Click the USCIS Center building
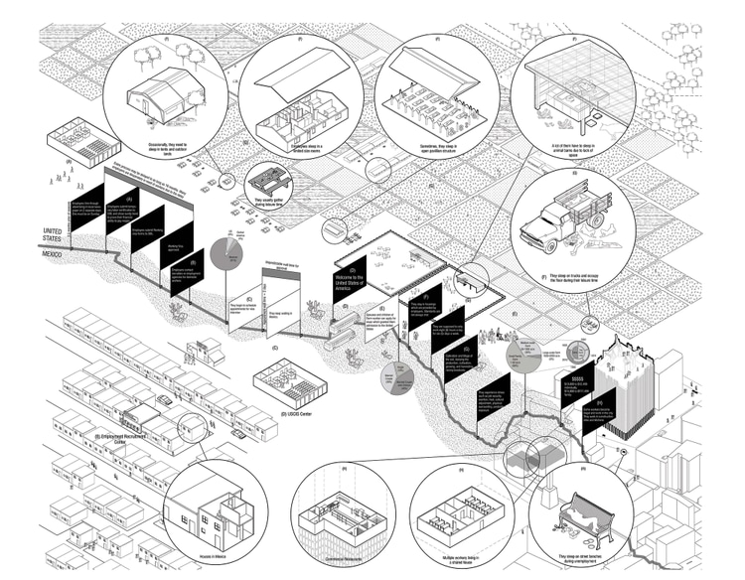pos(285,378)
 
